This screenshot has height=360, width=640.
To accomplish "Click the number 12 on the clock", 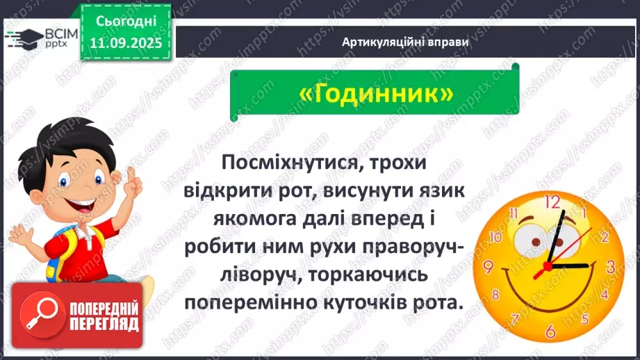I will (552, 202).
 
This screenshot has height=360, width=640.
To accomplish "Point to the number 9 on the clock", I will (488, 267).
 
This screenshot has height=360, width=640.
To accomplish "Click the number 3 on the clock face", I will (611, 266).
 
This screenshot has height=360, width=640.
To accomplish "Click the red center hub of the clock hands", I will (548, 265).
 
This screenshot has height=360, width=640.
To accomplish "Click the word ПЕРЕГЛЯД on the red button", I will (104, 324).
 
